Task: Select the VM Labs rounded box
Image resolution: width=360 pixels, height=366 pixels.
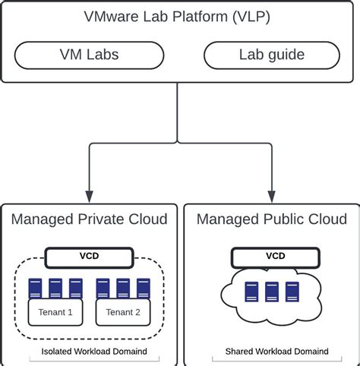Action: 89,55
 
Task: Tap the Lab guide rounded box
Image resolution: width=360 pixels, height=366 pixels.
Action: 270,55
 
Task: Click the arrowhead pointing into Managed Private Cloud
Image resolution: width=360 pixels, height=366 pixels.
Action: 89,194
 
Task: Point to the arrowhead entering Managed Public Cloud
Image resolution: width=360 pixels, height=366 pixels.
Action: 271,194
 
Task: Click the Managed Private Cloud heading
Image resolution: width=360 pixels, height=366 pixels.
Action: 89,219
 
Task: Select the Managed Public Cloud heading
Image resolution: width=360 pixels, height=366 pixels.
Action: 270,219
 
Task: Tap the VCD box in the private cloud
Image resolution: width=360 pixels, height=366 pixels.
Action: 89,257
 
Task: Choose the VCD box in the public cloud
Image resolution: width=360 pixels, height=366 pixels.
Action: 275,257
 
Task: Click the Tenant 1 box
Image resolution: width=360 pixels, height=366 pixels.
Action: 55,311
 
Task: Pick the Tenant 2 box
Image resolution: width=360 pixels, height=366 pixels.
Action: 122,311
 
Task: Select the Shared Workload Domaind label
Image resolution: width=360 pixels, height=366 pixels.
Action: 276,352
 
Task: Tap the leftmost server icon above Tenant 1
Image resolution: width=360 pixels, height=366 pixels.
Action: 35,288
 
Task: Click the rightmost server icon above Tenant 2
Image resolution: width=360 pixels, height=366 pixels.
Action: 142,288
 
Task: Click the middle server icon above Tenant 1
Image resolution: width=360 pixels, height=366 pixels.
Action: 55,288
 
